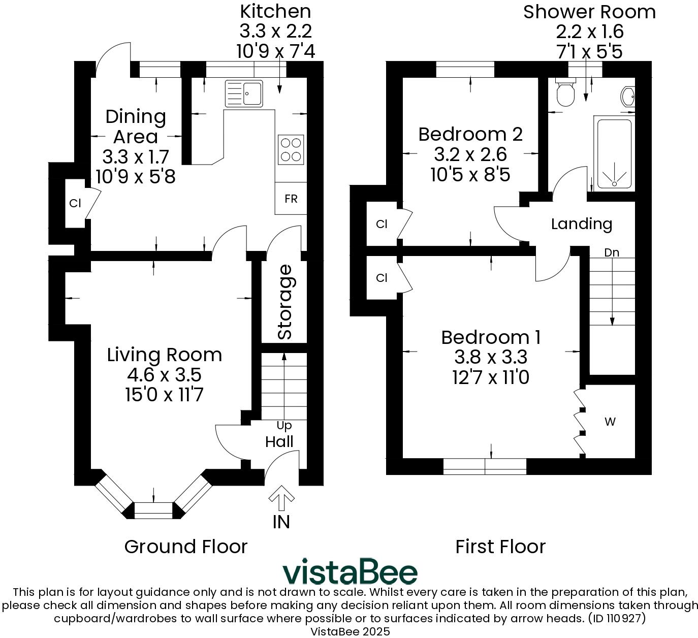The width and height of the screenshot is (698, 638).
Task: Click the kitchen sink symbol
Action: (244, 93)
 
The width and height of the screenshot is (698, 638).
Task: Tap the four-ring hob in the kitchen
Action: (291, 150)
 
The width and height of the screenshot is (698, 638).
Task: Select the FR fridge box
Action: (291, 199)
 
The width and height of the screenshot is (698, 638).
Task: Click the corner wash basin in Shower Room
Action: (628, 97)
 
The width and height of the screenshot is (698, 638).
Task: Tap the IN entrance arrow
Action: (281, 499)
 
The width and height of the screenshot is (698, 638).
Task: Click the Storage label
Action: (285, 302)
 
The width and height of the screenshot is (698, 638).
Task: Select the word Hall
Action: (279, 441)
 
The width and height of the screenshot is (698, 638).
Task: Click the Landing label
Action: (582, 224)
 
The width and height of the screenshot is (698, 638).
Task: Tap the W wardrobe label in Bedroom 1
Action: (610, 422)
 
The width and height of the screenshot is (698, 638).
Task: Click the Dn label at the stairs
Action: (612, 252)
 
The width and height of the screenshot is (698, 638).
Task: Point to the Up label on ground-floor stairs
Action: (284, 425)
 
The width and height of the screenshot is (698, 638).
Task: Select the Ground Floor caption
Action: (186, 547)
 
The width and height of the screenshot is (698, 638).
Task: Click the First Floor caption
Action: (500, 547)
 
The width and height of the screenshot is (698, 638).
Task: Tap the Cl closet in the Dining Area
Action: (75, 204)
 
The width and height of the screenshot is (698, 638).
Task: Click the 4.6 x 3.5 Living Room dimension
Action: (164, 375)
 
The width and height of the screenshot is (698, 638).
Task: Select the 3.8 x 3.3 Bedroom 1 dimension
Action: (491, 357)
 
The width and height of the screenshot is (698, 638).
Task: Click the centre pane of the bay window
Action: (153, 511)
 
